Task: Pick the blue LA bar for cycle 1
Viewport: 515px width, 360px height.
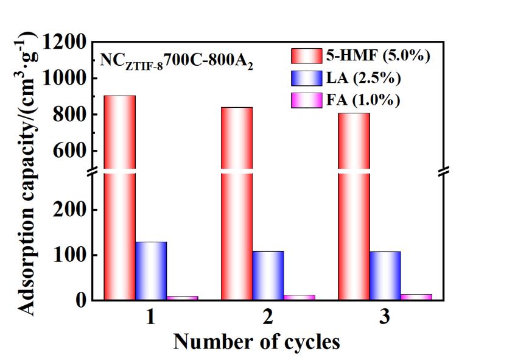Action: click(x=151, y=271)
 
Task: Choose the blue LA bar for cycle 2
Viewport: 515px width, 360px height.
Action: click(x=268, y=275)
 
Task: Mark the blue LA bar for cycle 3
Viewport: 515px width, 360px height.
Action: click(x=385, y=276)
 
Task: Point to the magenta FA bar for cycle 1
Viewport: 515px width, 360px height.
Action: click(x=182, y=298)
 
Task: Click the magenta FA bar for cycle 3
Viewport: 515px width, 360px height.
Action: click(x=416, y=297)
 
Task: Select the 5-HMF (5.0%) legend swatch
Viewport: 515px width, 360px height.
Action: click(x=306, y=56)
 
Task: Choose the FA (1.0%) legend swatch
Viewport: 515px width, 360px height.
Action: click(x=306, y=99)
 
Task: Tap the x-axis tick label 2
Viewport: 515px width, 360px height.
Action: click(x=267, y=318)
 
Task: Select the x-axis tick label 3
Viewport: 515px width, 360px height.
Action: click(x=385, y=318)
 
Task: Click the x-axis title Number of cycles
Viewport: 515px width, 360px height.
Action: click(x=256, y=342)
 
